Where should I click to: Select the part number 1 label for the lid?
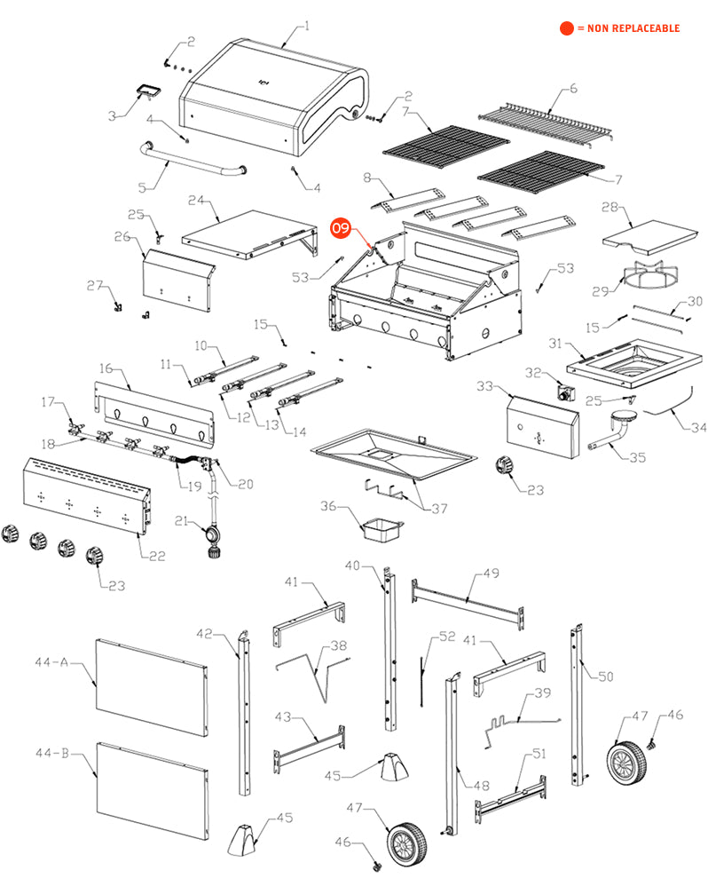(307, 26)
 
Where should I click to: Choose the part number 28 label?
(610, 207)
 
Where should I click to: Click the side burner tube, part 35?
(618, 433)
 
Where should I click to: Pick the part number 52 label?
(446, 637)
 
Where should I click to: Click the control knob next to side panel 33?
(506, 465)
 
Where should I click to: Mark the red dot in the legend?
(565, 28)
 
